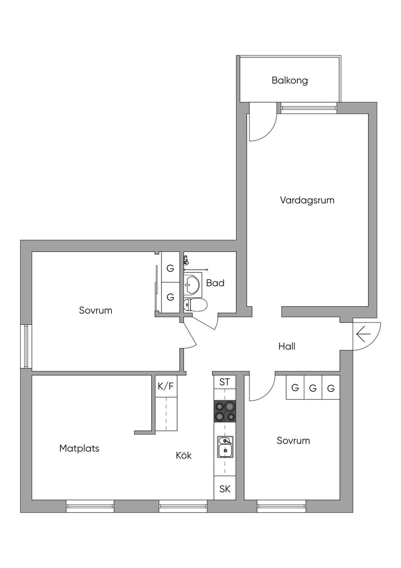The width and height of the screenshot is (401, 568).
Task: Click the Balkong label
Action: click(289, 80)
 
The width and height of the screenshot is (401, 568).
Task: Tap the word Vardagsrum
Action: click(307, 200)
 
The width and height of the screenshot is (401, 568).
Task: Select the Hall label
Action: click(287, 346)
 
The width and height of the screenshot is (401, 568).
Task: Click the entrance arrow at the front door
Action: click(363, 334)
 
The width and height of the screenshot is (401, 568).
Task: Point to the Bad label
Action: click(215, 283)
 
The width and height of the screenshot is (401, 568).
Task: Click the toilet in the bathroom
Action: click(195, 305)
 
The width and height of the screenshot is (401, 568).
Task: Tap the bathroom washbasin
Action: click(192, 285)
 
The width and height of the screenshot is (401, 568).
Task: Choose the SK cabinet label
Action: click(225, 496)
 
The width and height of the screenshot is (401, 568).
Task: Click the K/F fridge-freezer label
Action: click(166, 386)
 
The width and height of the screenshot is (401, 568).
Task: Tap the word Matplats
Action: click(79, 448)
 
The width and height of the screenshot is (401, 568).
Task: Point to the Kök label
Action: click(184, 455)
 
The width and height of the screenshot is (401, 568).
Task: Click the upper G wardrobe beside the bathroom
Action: click(170, 268)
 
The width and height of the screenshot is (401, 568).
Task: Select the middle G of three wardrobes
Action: click(313, 388)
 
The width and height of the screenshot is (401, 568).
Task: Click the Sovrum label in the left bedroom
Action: click(96, 310)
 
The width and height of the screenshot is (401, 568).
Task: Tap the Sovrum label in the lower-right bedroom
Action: click(293, 441)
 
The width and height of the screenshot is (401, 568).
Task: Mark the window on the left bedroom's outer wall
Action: click(26, 346)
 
